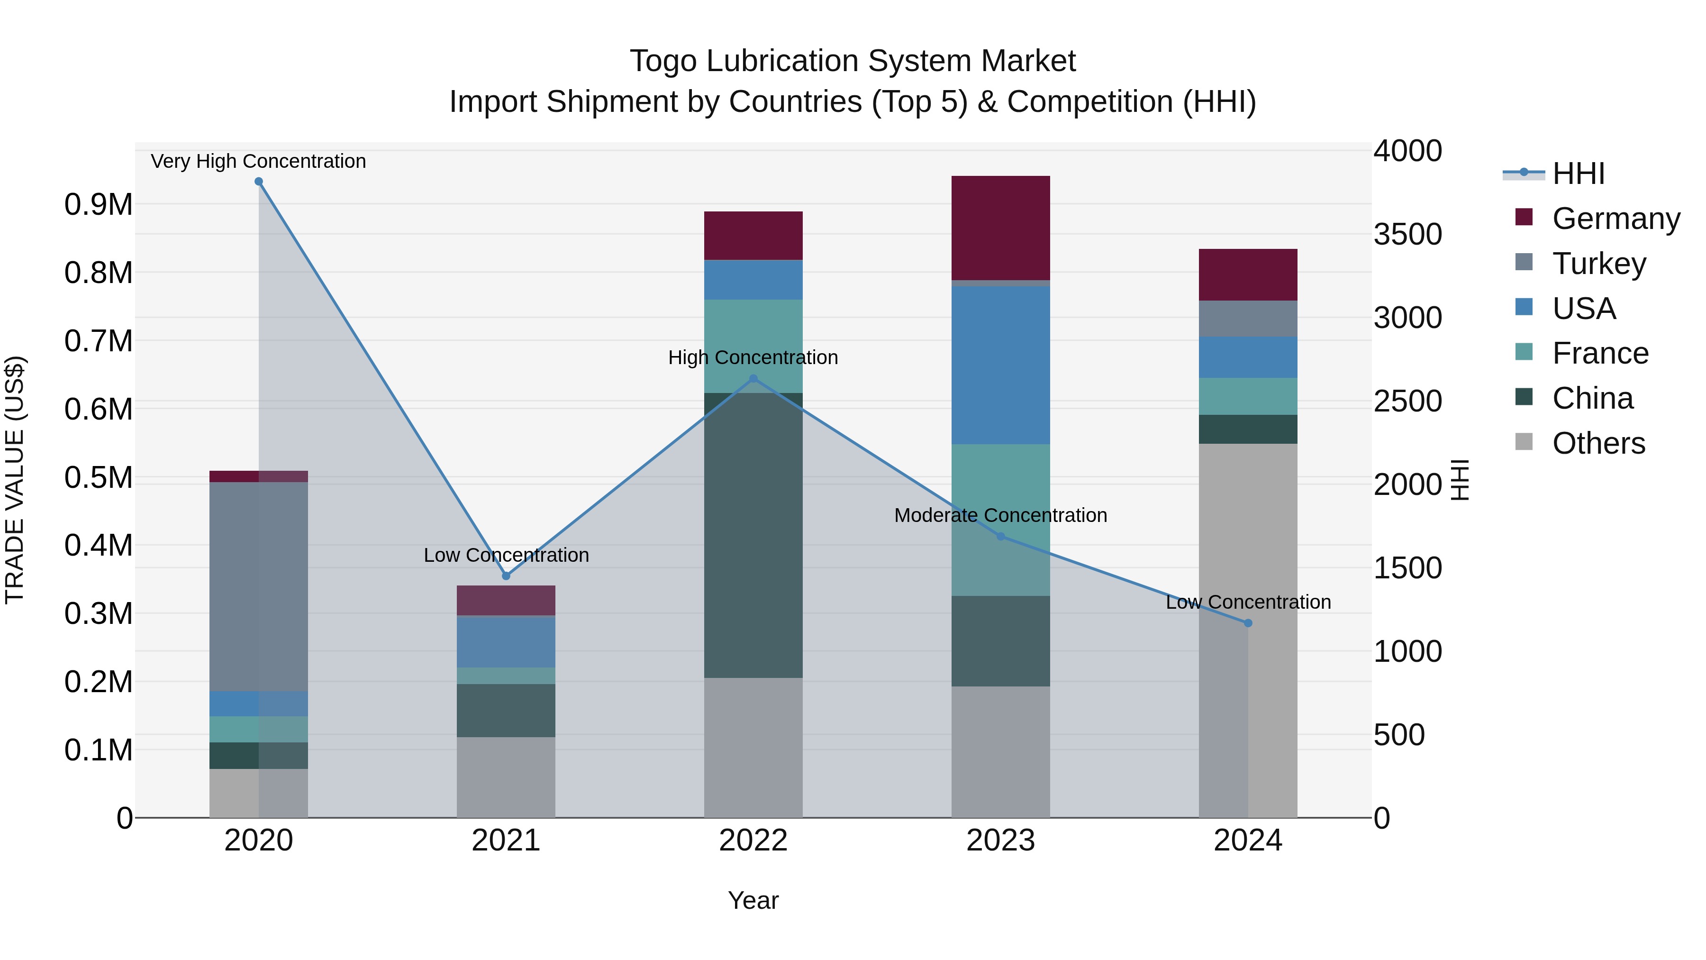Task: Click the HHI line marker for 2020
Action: tap(259, 182)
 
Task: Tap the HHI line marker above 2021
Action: tap(506, 576)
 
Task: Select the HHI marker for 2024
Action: tap(1248, 623)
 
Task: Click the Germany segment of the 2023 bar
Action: tap(1000, 228)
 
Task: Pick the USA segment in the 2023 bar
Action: tap(1000, 365)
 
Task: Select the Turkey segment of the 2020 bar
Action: tap(258, 586)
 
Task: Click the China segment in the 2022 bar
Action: tap(753, 535)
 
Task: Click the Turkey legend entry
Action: tap(1598, 264)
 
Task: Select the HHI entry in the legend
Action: tap(1578, 174)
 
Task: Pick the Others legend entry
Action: tap(1598, 443)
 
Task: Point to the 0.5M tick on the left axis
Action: tap(98, 478)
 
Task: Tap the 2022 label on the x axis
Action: tap(753, 841)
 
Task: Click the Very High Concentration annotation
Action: tap(258, 161)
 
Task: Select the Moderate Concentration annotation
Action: tap(1000, 515)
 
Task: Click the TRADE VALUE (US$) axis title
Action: tap(15, 480)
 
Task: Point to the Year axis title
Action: tap(753, 900)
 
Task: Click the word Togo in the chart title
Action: tap(663, 61)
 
